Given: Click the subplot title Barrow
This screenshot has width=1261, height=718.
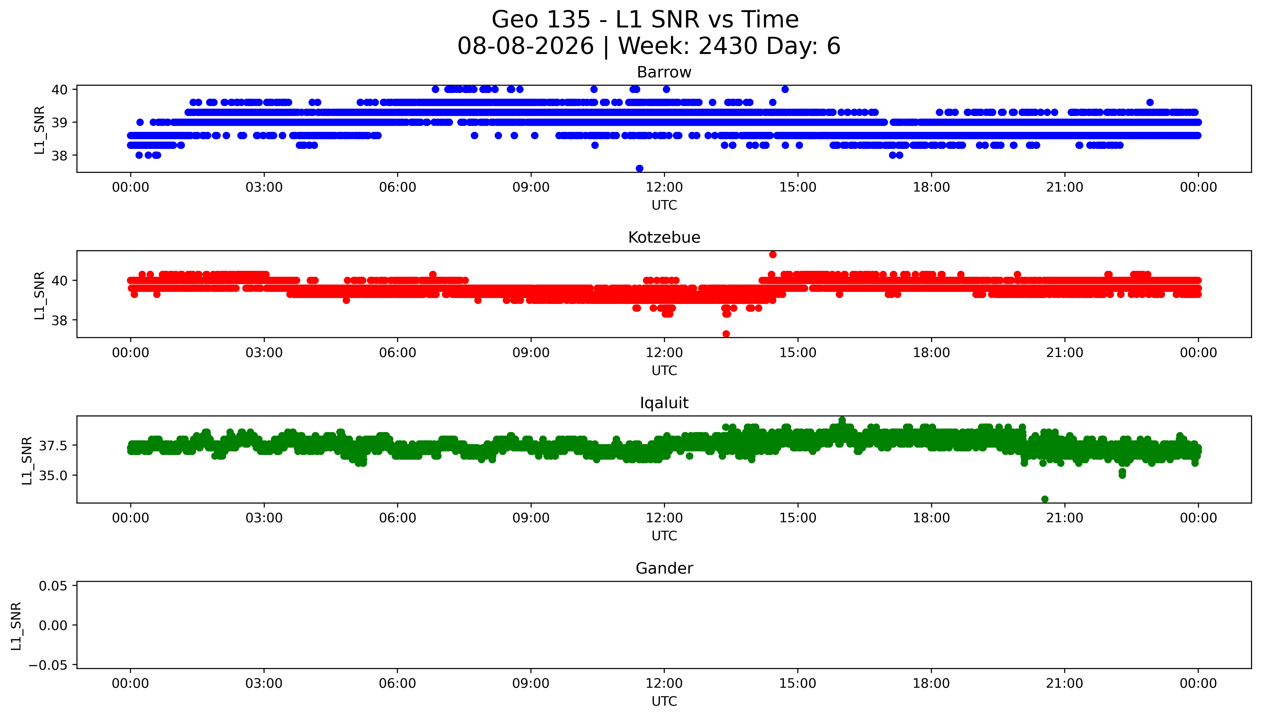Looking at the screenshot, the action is tap(664, 72).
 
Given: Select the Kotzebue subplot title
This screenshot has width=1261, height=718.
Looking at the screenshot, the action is tap(664, 238).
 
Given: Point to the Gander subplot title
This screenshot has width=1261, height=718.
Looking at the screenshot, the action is tap(664, 569).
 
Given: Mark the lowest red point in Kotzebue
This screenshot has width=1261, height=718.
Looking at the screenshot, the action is tap(726, 334).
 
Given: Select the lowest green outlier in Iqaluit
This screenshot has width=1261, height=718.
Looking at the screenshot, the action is tap(1045, 499).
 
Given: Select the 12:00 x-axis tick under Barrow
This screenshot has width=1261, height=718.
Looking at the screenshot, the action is tap(664, 187).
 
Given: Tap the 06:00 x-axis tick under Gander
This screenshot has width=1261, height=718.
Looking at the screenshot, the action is tap(398, 683).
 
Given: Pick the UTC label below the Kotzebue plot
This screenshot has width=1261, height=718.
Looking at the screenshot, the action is tap(664, 370).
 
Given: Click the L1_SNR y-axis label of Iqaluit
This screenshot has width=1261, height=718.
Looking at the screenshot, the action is tap(27, 461).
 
